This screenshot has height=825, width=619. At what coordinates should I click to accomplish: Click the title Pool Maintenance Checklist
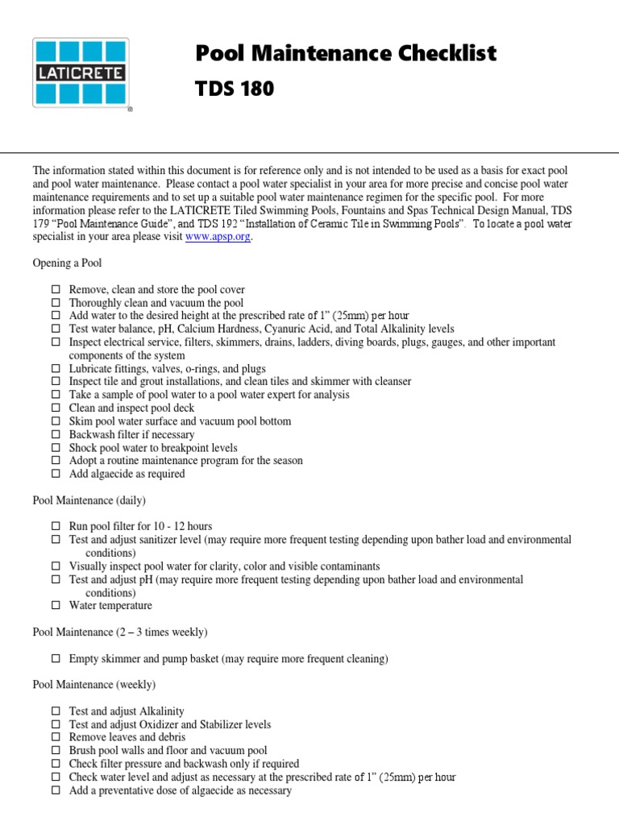(x=347, y=54)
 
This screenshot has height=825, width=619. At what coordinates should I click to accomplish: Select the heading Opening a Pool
(x=67, y=263)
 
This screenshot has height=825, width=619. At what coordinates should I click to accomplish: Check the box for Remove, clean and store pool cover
(x=56, y=289)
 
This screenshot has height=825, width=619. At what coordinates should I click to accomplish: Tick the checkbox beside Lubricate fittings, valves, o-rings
(x=56, y=368)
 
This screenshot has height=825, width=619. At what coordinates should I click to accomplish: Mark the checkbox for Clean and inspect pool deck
(x=56, y=408)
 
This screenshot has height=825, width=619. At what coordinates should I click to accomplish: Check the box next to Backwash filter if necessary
(x=56, y=434)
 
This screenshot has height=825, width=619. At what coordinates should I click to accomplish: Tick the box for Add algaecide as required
(x=56, y=474)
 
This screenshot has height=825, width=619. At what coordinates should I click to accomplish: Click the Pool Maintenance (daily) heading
(x=89, y=500)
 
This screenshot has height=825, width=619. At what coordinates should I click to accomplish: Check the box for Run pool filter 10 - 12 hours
(x=56, y=526)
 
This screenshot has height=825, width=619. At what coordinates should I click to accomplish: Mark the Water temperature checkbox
(x=56, y=605)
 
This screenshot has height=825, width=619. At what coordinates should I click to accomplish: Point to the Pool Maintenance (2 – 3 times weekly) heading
(x=120, y=632)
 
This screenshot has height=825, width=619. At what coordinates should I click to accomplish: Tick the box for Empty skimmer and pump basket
(x=56, y=658)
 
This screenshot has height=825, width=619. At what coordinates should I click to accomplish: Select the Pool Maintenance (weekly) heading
(x=93, y=685)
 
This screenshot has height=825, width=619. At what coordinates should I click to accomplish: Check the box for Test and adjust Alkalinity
(x=56, y=711)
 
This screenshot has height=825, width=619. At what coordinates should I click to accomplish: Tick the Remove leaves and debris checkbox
(x=56, y=737)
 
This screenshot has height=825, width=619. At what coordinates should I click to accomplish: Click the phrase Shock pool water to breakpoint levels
(x=153, y=447)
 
